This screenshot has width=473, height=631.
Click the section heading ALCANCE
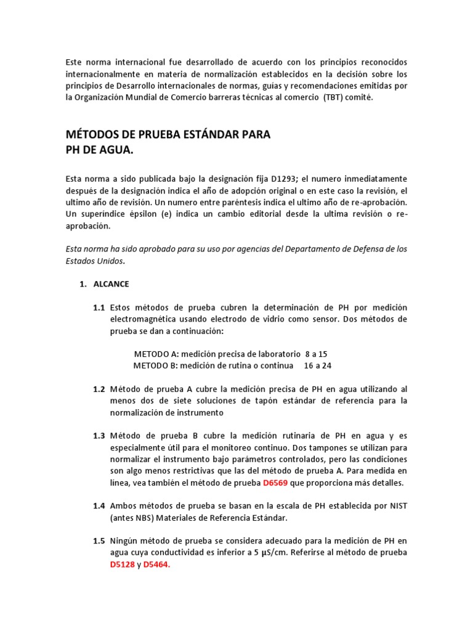pyautogui.click(x=111, y=284)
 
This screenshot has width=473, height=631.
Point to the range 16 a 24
pyautogui.click(x=318, y=365)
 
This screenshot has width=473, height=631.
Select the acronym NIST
pyautogui.click(x=396, y=505)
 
